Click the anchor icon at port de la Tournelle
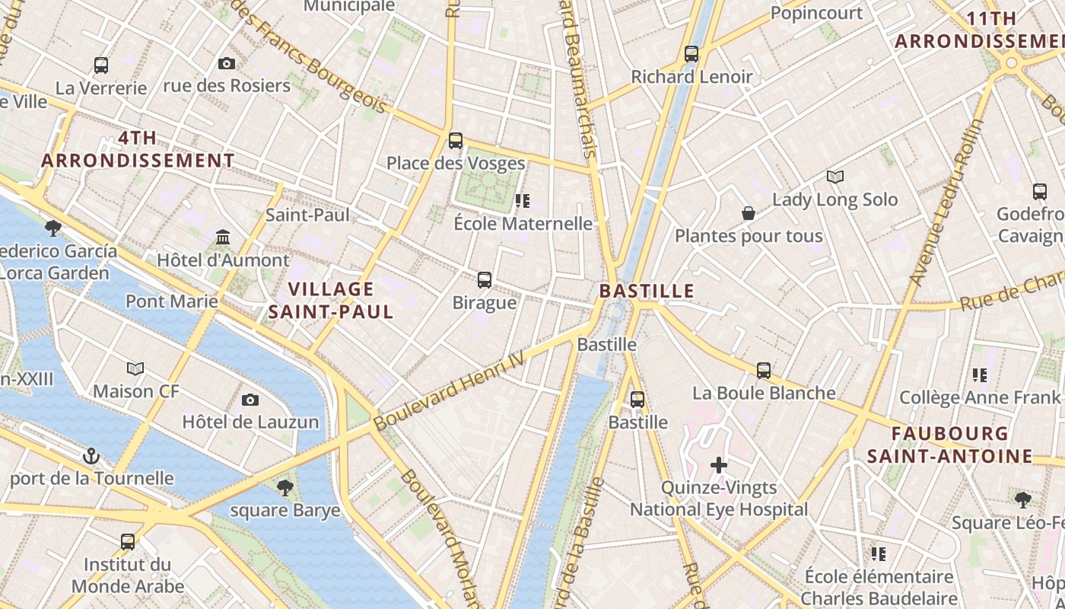click(91, 456)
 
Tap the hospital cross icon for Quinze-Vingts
click(719, 464)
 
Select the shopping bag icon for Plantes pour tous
click(749, 213)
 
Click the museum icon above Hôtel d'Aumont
click(223, 238)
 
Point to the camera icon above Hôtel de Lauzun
click(250, 400)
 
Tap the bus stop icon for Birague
click(485, 280)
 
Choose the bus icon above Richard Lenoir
click(691, 54)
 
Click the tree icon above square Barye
click(285, 487)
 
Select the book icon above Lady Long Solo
click(835, 177)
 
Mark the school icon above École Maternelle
click(523, 201)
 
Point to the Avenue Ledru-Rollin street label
click(946, 202)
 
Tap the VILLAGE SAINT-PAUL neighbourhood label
click(331, 300)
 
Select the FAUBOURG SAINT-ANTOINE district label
click(950, 445)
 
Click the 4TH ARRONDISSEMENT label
click(138, 149)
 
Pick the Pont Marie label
click(172, 301)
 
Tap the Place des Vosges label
click(456, 163)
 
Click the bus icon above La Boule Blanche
click(764, 371)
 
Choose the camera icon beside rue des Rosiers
click(227, 64)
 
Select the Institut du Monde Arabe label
click(128, 576)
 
